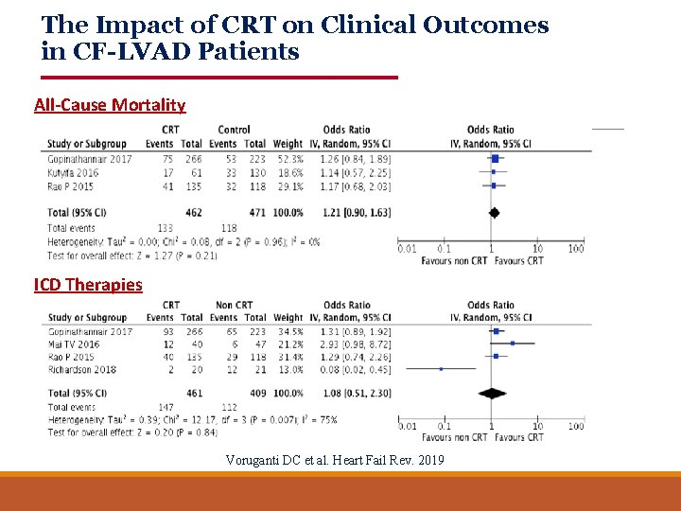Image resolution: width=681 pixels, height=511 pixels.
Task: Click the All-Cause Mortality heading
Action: pos(110,105)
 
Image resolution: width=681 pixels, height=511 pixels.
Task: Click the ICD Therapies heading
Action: pos(88,285)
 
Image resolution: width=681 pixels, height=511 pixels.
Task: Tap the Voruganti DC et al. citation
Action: pos(333,460)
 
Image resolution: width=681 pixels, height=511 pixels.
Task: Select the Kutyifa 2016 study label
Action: pos(73,173)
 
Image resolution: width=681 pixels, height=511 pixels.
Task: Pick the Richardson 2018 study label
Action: pos(81,369)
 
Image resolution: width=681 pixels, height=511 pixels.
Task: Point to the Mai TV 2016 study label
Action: pos(75,344)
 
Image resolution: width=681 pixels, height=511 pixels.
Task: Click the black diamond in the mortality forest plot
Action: pos(494,214)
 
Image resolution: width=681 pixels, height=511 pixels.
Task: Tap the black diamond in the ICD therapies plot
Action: pos(492,393)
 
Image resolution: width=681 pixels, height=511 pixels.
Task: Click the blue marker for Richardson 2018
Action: pos(441,369)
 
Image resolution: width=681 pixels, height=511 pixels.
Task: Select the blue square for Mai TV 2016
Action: pos(513,344)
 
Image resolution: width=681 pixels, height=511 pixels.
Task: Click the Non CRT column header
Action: pos(234,306)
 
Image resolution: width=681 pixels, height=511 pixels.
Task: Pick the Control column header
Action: pos(234,131)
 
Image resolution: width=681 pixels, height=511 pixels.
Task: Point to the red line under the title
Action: pos(219,77)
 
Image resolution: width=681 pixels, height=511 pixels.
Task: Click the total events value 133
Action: pos(165,228)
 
